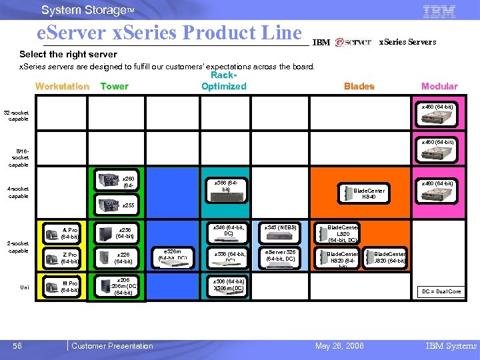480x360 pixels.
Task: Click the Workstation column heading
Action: point(62,86)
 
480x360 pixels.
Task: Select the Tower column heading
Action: point(114,86)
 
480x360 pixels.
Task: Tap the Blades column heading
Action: point(359,86)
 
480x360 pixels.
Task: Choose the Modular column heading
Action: point(439,86)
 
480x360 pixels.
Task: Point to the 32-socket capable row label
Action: point(16,115)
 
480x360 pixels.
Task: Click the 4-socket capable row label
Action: point(17,192)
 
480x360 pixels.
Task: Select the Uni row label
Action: point(24,287)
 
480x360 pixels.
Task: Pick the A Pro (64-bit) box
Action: point(70,233)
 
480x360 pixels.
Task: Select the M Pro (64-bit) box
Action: point(69,287)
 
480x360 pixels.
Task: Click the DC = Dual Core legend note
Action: point(439,291)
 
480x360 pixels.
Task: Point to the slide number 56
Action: point(17,345)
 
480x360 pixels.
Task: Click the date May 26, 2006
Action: point(339,345)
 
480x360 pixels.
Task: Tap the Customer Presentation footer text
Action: point(112,345)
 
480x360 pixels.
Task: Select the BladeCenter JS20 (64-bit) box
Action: point(389,257)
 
